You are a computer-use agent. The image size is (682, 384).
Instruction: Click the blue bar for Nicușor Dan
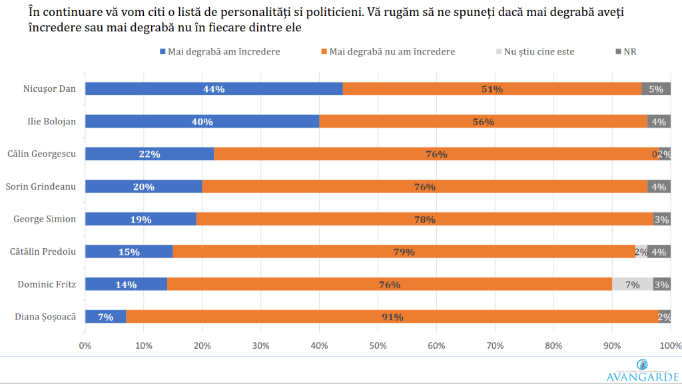(x=213, y=89)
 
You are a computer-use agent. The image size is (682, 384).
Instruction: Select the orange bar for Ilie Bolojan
(x=483, y=122)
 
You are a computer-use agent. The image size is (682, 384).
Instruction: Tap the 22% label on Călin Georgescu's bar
(x=149, y=154)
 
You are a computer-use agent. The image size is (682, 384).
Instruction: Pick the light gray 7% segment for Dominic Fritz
(x=632, y=284)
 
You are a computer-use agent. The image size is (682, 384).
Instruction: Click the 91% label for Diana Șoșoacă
(x=392, y=317)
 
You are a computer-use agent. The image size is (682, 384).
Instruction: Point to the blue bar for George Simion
(x=141, y=219)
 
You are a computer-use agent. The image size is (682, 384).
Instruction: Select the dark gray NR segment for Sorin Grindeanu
(x=659, y=187)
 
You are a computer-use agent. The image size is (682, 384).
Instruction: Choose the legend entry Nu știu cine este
(x=539, y=51)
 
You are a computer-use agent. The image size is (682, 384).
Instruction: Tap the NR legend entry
(x=629, y=51)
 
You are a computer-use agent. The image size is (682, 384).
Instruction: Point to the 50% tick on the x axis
(x=378, y=345)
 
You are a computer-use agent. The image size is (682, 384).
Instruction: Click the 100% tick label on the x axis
(x=669, y=345)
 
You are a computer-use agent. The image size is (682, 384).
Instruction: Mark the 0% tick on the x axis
(x=85, y=345)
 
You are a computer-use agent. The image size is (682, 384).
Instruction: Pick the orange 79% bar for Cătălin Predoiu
(x=404, y=252)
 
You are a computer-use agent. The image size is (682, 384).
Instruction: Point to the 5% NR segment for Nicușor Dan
(x=656, y=89)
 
